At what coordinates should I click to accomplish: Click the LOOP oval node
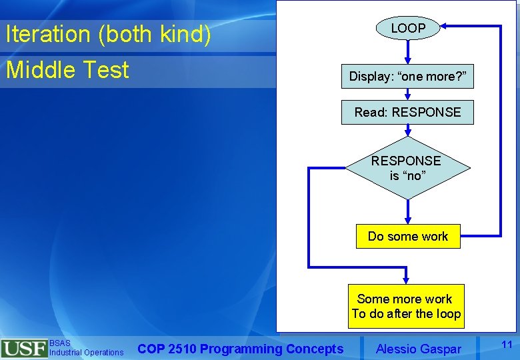408,28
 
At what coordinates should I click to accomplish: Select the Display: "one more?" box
408,77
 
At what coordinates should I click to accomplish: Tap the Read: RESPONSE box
407,112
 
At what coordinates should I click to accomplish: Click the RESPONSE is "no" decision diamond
407,168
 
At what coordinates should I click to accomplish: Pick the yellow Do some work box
408,236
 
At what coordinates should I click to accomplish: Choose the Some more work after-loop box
407,306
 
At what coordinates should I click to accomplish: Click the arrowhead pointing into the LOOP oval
446,27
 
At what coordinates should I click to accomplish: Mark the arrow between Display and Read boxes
408,94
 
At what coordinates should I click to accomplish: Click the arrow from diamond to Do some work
408,212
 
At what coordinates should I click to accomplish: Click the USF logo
24,349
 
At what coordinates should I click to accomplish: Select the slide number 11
506,344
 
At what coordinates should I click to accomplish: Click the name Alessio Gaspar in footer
418,348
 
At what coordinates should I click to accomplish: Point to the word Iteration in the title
48,35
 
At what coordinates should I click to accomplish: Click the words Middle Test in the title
67,69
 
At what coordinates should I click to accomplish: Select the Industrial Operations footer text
86,352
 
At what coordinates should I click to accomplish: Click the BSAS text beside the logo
59,343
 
